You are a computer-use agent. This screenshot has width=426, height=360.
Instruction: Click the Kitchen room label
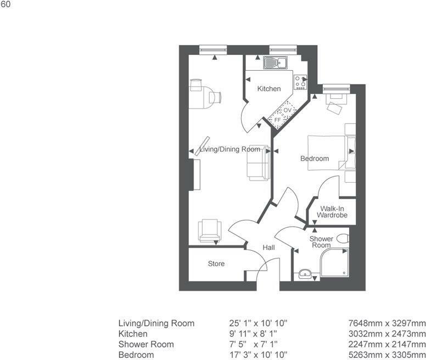click(x=269, y=88)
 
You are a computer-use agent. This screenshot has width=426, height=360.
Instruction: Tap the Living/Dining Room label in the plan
click(x=229, y=149)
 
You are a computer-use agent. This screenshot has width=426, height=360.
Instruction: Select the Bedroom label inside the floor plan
click(x=315, y=159)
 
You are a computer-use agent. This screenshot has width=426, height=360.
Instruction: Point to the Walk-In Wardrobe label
click(x=334, y=212)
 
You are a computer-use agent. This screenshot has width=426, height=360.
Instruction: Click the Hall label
click(x=268, y=248)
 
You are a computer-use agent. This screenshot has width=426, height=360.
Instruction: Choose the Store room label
click(x=216, y=264)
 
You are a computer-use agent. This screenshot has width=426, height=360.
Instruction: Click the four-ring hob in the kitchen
click(x=300, y=82)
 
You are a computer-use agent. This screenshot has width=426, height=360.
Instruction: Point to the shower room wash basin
click(x=305, y=274)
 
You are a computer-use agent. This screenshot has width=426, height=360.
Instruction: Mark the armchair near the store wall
click(x=210, y=230)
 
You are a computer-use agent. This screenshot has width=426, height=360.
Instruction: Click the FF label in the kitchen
click(x=277, y=119)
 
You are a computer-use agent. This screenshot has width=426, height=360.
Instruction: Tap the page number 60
click(x=5, y=5)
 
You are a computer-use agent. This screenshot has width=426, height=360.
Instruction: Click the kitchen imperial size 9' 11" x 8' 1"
click(x=258, y=334)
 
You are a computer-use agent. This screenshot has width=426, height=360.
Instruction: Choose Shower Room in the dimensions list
click(x=146, y=344)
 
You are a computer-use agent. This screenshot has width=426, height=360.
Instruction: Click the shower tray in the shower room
click(x=333, y=262)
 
